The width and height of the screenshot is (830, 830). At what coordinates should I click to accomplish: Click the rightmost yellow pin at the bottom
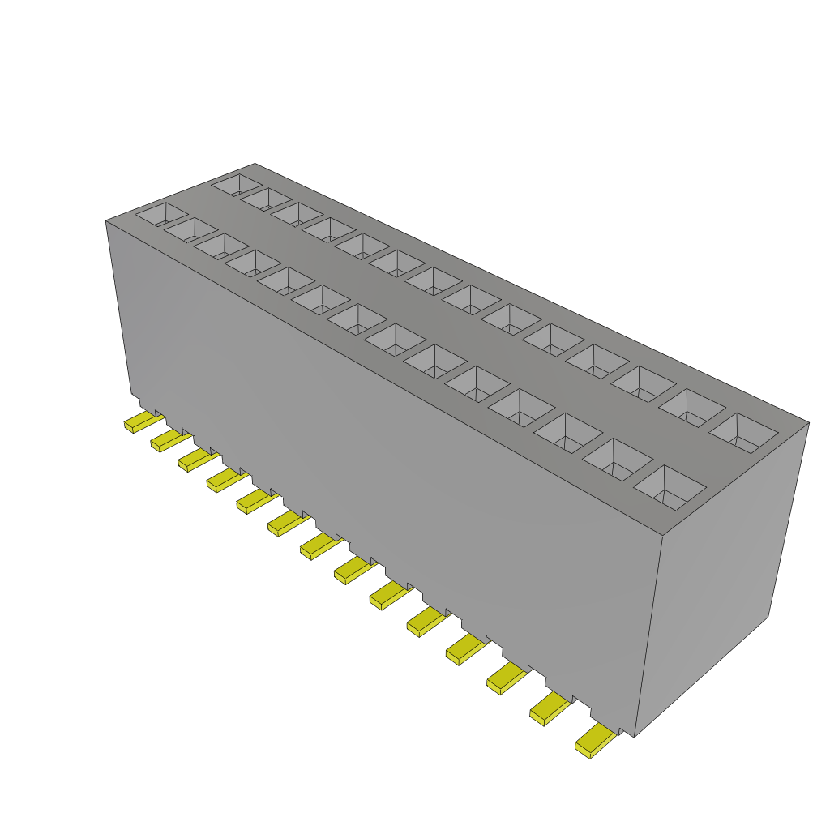593,742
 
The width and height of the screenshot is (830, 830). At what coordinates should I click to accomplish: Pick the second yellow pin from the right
549,709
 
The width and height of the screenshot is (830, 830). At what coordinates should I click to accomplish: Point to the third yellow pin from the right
506,676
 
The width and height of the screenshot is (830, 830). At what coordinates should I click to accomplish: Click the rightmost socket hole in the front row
670,487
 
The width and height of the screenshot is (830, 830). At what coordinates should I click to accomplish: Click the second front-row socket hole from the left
190,229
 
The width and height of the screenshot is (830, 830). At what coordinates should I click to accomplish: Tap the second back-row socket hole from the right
691,407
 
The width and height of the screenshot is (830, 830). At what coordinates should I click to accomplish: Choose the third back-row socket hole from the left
297,214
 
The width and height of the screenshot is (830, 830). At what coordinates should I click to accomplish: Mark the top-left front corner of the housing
106,221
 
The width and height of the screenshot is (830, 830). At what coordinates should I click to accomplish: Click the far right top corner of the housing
808,422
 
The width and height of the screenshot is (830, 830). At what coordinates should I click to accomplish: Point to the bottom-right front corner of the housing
633,736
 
